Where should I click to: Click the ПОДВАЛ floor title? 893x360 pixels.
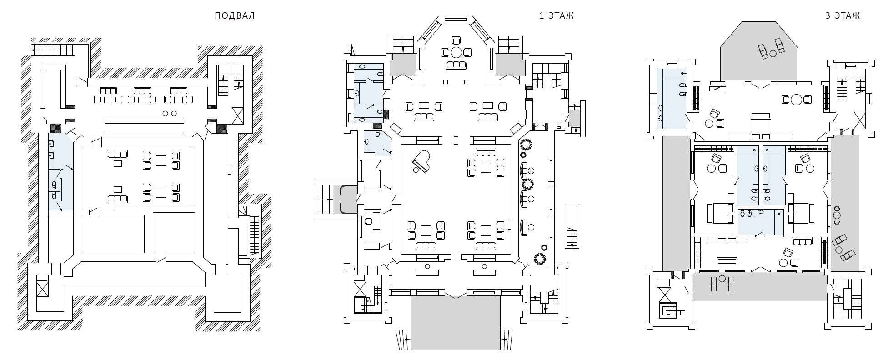point(235,16)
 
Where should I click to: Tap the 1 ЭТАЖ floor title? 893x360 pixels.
point(556,16)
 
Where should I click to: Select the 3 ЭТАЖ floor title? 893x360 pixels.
point(842,16)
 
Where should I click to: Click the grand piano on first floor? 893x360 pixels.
point(421,161)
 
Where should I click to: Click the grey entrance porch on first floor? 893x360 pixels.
point(456,323)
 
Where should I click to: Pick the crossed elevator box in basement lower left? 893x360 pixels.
point(42,289)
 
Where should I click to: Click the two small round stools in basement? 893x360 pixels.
point(169,113)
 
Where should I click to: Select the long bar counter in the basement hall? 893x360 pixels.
point(145,120)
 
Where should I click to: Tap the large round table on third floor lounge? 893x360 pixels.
point(796,100)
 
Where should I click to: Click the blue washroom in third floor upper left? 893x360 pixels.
point(672,98)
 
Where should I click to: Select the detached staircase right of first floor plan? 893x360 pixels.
point(572,226)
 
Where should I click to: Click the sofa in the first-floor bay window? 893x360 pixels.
point(456,65)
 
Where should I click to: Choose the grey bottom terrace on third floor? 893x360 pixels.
point(758,286)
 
